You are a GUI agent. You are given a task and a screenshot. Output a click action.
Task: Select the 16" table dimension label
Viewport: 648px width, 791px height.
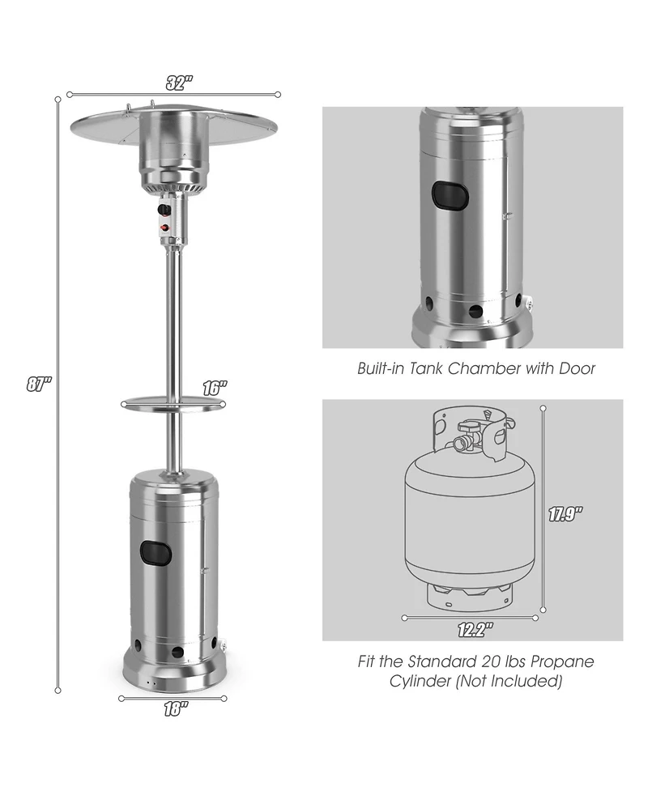pyautogui.click(x=213, y=388)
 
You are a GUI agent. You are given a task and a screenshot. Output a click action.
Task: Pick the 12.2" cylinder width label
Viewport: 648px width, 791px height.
pyautogui.click(x=474, y=627)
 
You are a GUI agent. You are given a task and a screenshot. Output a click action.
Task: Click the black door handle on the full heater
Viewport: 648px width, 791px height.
pyautogui.click(x=157, y=553)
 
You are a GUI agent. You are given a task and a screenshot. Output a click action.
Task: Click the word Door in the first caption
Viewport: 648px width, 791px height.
pyautogui.click(x=578, y=369)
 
